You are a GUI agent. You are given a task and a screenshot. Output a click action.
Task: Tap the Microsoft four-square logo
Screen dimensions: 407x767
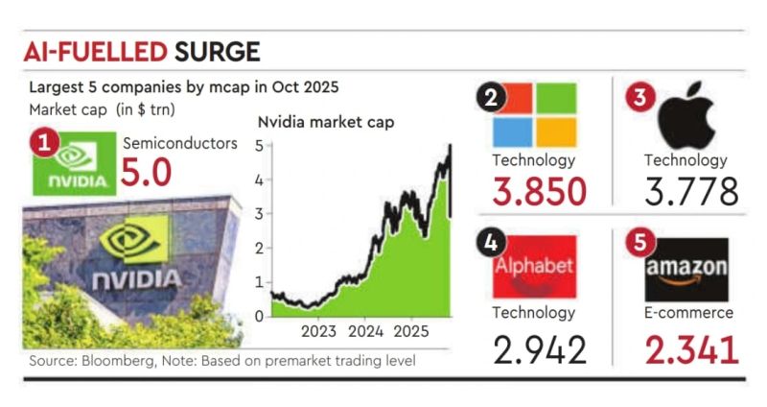[534, 113]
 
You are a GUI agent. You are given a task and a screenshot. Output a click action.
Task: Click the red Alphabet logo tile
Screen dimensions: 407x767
[534, 266]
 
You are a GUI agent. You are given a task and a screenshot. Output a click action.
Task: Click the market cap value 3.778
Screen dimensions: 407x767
[691, 191]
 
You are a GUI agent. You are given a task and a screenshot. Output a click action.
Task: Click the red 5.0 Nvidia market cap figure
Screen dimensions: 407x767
[146, 174]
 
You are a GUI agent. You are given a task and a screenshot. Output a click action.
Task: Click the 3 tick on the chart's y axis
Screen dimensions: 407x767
[258, 213]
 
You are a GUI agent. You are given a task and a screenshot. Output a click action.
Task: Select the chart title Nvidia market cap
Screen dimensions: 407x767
[325, 122]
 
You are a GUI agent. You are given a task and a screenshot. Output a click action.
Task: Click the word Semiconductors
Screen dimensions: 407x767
[179, 143]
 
